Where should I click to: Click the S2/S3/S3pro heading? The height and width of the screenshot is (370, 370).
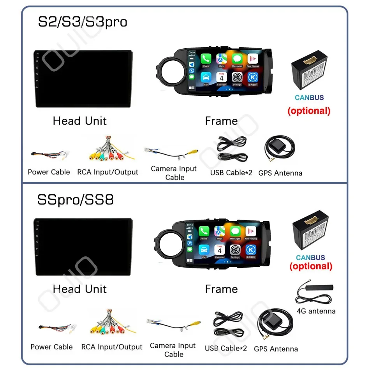[82, 22]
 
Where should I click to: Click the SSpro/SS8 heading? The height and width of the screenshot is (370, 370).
[75, 200]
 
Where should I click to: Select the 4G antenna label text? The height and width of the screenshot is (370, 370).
[316, 311]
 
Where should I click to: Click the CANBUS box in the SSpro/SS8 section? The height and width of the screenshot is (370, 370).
[310, 234]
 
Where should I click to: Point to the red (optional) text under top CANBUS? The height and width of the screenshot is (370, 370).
[308, 111]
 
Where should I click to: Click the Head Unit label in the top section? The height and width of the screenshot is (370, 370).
[79, 121]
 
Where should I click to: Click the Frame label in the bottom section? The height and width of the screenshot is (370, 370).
[221, 289]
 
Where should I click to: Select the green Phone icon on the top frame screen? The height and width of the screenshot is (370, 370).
[206, 59]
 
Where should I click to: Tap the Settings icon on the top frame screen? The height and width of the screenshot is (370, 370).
[237, 78]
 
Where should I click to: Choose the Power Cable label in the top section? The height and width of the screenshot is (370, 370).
[49, 172]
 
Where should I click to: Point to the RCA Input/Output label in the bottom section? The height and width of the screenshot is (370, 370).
[112, 347]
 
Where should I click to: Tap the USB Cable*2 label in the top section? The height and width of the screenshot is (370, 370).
[231, 173]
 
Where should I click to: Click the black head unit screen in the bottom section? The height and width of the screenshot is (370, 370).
[83, 245]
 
